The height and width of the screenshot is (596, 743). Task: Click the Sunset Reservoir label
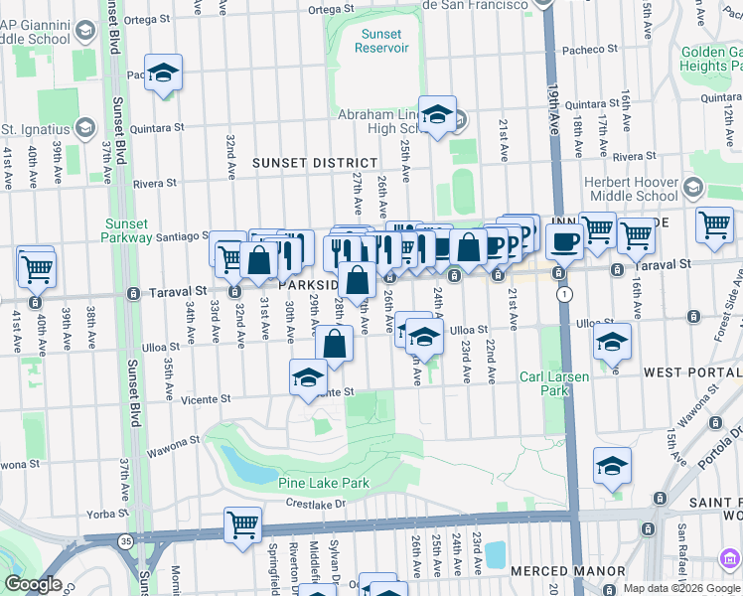pyautogui.click(x=381, y=40)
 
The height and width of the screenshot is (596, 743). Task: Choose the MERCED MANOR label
pyautogui.click(x=567, y=571)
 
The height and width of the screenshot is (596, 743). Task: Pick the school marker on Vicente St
pyautogui.click(x=308, y=377)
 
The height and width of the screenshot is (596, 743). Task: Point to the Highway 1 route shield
pyautogui.click(x=565, y=295)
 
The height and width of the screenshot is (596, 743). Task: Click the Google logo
pyautogui.click(x=33, y=584)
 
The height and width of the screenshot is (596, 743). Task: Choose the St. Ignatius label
pyautogui.click(x=35, y=129)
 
